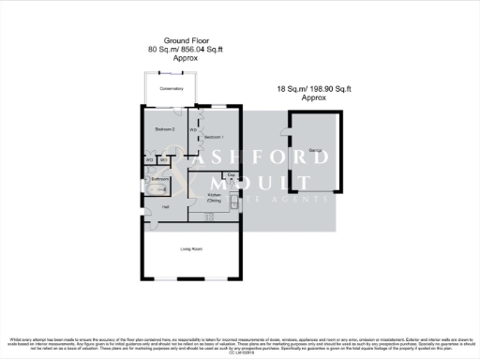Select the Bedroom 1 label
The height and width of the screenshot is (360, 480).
point(217,137)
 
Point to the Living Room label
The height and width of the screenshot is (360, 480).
point(192,249)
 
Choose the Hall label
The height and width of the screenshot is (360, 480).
point(165,206)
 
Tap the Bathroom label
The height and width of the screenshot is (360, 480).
point(160,179)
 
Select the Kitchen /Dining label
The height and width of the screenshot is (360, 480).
point(214,198)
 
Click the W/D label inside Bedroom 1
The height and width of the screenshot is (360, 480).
point(193,129)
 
